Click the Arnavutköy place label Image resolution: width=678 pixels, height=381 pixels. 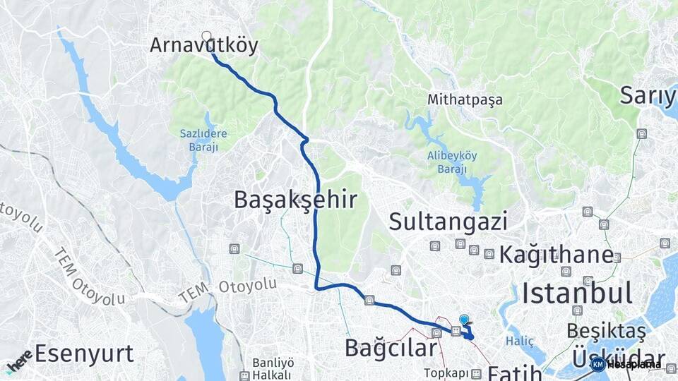point(204,46)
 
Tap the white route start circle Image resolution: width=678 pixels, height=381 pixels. point(206,36)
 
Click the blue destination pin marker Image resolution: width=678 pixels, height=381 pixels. point(464,320)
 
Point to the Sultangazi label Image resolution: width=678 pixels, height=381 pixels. point(448,222)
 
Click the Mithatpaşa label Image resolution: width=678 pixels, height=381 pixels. point(465,99)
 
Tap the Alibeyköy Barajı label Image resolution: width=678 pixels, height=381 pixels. point(447,162)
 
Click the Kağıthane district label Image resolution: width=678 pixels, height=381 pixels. point(556,255)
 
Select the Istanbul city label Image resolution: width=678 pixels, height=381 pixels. point(577,291)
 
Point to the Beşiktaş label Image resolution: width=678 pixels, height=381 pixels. point(607,329)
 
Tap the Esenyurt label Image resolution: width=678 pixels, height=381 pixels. point(84,352)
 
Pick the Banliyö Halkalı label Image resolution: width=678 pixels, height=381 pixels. point(273,368)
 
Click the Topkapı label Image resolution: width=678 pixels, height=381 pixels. point(446,372)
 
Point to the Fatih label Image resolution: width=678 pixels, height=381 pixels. point(515,372)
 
